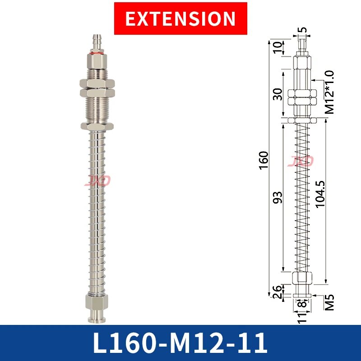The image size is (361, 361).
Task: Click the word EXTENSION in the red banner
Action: [180, 19]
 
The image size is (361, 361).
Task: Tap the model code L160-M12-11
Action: [180, 343]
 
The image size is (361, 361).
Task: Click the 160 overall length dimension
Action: [264, 161]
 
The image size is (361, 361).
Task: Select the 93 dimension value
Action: [278, 198]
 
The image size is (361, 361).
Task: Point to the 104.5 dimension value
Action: [320, 194]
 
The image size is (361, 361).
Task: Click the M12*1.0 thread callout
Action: [329, 92]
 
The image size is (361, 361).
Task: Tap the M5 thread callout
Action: [329, 302]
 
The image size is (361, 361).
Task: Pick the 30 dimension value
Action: [278, 94]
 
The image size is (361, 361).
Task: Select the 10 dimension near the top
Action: [278, 47]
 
